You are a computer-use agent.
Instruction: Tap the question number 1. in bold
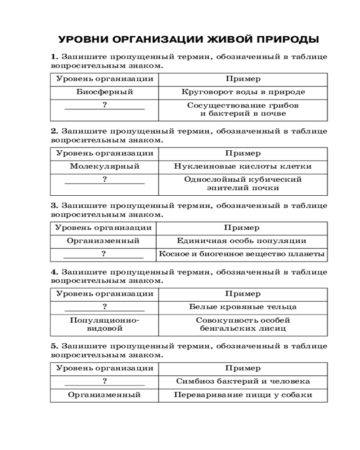(x=54, y=57)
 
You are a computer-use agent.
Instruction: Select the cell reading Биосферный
(x=104, y=92)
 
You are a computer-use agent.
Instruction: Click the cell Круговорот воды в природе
(x=243, y=92)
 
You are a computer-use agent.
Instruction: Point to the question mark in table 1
(x=104, y=105)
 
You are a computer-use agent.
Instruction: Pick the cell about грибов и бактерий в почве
(x=243, y=109)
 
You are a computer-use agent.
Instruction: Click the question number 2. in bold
(x=54, y=131)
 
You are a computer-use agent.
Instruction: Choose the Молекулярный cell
(x=104, y=166)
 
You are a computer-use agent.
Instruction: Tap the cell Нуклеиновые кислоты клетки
(x=243, y=166)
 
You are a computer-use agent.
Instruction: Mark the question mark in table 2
(x=104, y=180)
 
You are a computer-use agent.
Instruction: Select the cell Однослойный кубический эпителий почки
(x=243, y=184)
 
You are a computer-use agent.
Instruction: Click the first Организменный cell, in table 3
(x=103, y=241)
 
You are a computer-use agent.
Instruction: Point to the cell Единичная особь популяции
(x=242, y=241)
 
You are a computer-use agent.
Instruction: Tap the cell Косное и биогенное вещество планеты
(x=242, y=254)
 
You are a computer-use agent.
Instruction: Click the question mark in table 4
(x=104, y=307)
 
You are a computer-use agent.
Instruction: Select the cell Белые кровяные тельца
(x=243, y=307)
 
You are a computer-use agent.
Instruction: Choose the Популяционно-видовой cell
(x=104, y=324)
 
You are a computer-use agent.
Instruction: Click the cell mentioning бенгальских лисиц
(x=243, y=324)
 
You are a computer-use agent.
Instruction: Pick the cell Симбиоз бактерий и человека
(x=243, y=381)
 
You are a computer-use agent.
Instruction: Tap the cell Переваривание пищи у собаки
(x=243, y=395)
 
